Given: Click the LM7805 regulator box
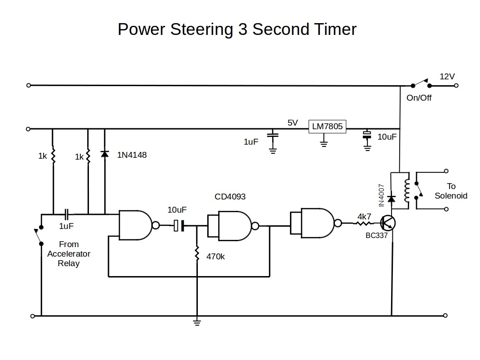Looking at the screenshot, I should [x=327, y=127].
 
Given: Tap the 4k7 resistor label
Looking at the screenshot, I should [x=364, y=216].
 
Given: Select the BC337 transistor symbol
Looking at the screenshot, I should [x=388, y=223].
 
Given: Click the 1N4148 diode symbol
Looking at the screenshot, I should [x=105, y=155].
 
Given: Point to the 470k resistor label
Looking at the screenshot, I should [x=216, y=256].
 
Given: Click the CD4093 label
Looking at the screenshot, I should [x=230, y=197].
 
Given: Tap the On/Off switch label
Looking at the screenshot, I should [x=419, y=97].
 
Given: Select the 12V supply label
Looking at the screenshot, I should [x=447, y=77].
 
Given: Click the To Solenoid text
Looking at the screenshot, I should [x=451, y=191].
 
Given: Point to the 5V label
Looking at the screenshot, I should [x=293, y=122].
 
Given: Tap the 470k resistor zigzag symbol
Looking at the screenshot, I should [x=197, y=253].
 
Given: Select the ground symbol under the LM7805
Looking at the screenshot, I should [x=323, y=144].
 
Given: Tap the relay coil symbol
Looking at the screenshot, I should [x=407, y=190].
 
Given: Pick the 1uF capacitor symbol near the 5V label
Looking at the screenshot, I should [x=273, y=135].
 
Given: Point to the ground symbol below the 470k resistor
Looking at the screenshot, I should [x=197, y=322].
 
